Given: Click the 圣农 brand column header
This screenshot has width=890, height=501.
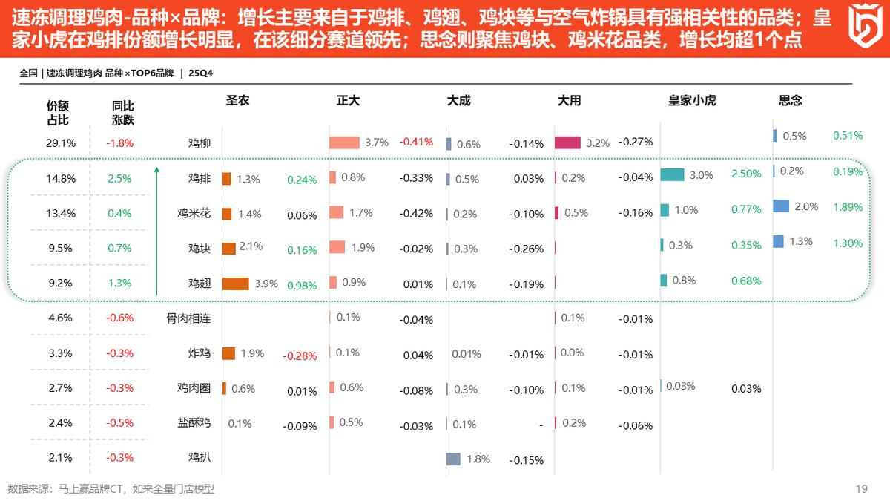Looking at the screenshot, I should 237,100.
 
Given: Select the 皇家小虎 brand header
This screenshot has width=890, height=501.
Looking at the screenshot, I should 692,100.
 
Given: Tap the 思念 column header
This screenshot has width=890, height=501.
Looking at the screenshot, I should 791,100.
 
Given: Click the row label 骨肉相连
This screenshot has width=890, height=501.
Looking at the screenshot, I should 188,318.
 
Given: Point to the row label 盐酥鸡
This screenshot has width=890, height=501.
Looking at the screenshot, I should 194,423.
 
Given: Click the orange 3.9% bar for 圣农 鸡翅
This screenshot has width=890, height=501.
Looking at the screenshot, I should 236,284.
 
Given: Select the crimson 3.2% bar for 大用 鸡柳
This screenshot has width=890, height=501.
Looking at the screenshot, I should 567,143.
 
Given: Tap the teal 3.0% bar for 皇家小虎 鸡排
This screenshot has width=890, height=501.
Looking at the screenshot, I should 672,174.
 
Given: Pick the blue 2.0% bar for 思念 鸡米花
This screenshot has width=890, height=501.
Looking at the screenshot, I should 781,206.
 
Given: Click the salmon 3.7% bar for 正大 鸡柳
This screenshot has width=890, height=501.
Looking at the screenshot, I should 344,143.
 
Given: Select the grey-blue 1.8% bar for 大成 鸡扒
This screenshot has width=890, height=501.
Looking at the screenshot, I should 453,459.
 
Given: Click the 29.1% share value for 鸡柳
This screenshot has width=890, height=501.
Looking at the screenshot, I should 60,143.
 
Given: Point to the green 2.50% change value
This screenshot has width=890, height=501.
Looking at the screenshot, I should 746,174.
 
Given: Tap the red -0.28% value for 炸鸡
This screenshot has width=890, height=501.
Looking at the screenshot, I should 300,356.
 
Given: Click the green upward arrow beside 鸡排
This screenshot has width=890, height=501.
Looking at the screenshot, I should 157,230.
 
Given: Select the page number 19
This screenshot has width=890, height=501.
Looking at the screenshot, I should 861,488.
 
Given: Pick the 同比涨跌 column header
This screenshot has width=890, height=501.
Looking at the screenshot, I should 122,113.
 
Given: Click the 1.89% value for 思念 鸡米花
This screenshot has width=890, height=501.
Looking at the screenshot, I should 848,207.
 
